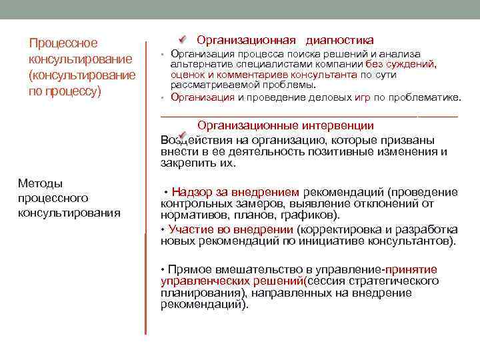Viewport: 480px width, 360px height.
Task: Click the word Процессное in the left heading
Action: (63, 43)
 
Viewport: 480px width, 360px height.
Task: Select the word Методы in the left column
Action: (41, 183)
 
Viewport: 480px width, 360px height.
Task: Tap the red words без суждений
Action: (401, 64)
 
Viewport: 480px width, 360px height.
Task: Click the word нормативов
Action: (191, 216)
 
